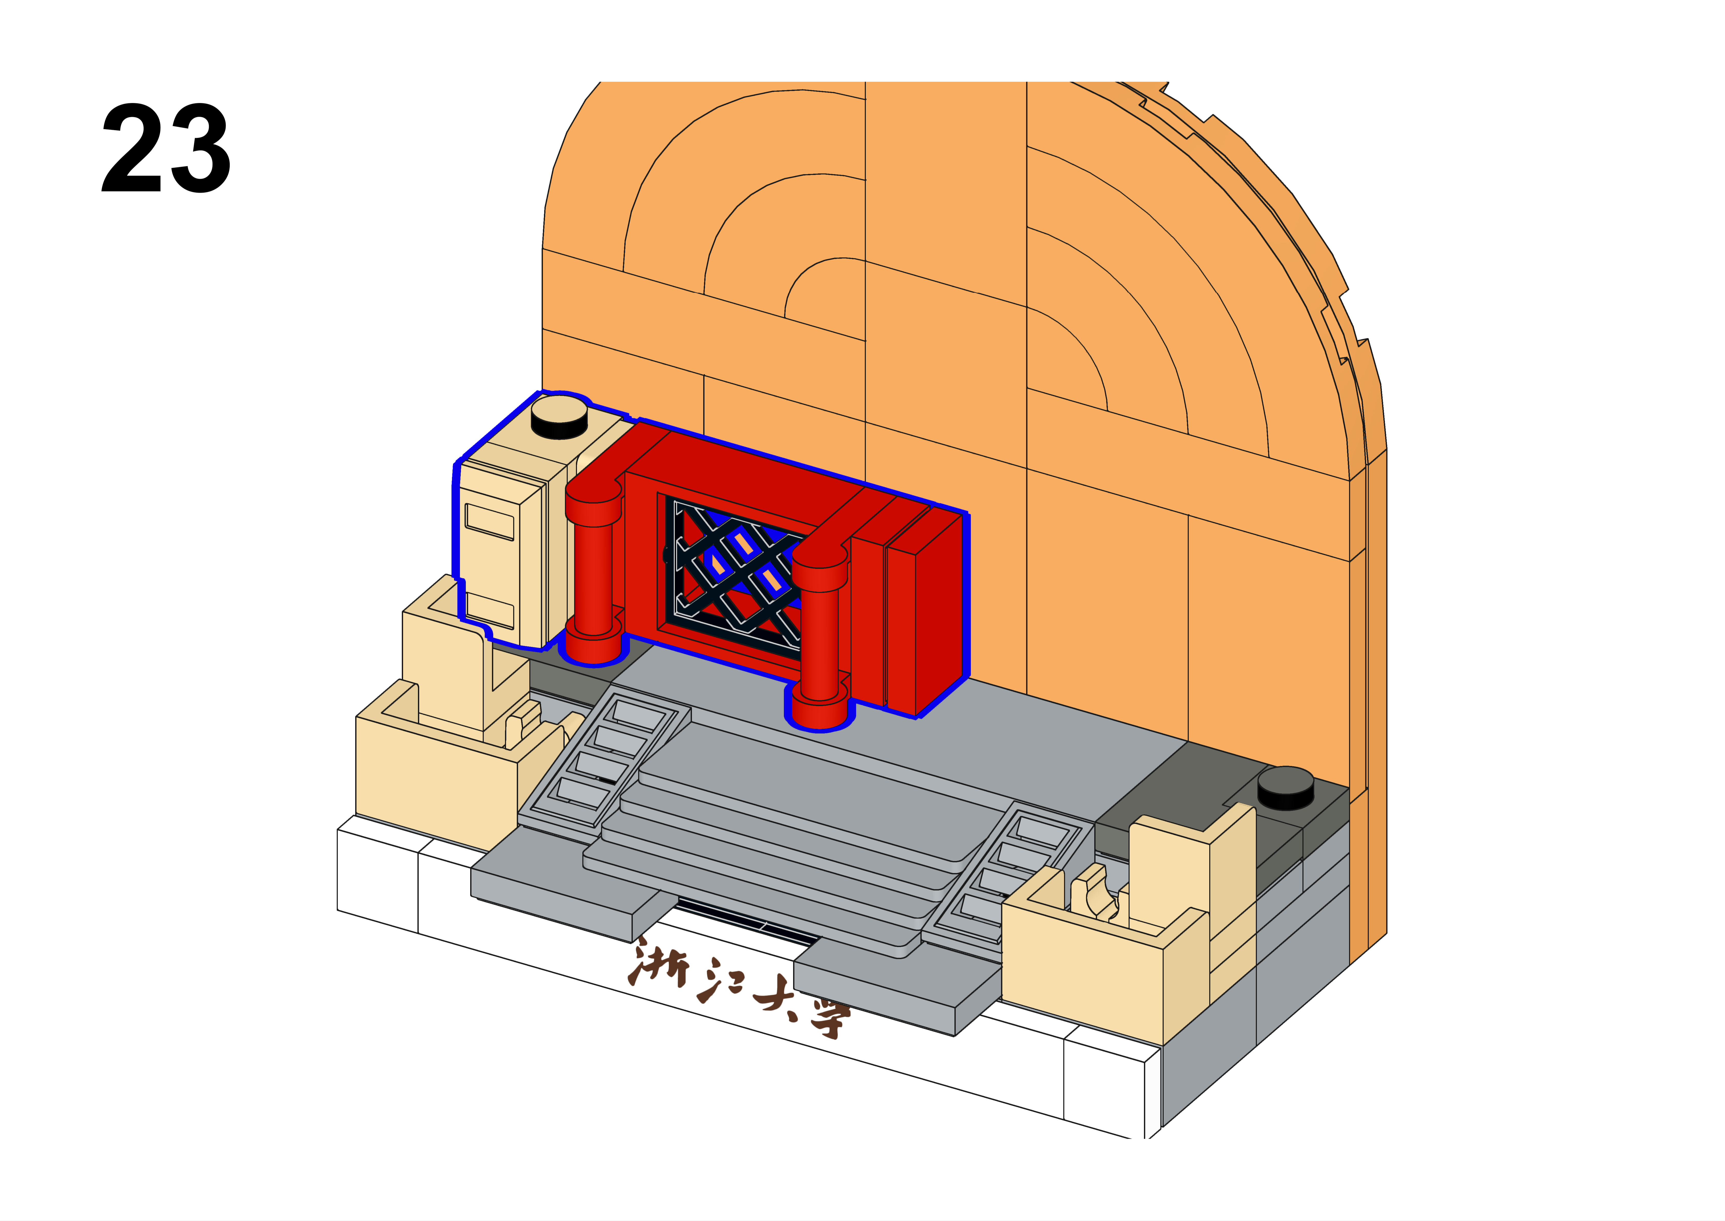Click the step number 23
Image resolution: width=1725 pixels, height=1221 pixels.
[166, 148]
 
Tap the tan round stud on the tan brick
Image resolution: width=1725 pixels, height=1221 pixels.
[559, 417]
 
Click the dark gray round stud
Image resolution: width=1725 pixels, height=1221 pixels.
[1286, 788]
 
